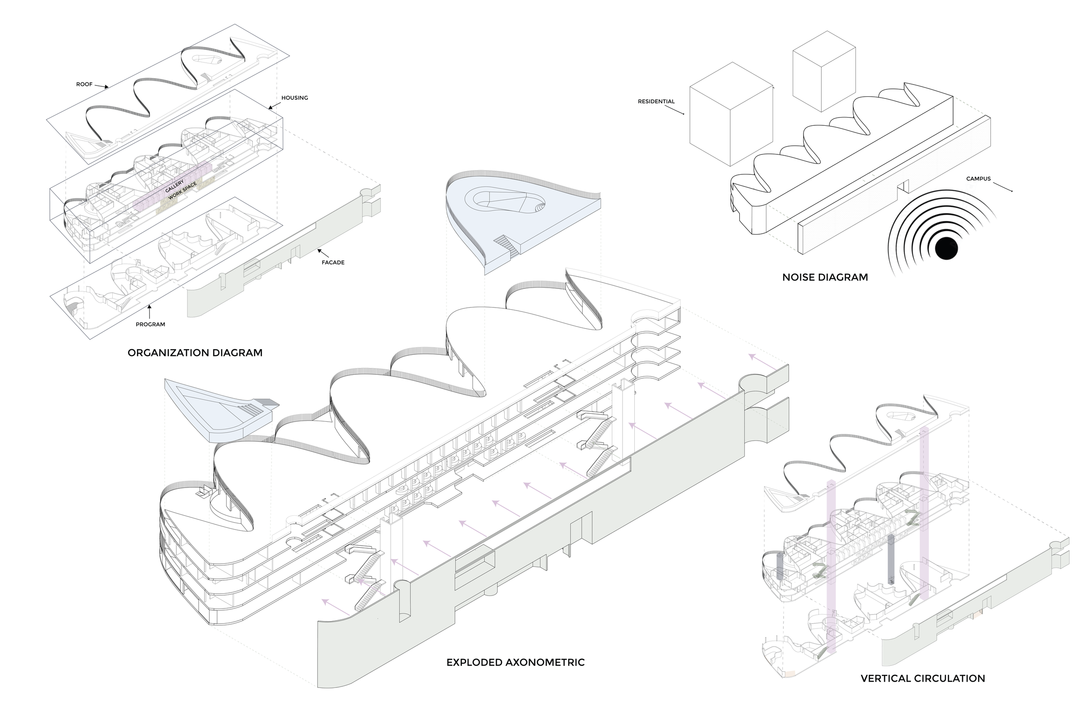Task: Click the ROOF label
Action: [85, 85]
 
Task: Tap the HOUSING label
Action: [294, 98]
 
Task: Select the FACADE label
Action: [333, 262]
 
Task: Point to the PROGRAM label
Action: [150, 324]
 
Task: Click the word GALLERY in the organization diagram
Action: [175, 186]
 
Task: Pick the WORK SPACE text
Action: [183, 191]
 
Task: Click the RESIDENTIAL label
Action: [656, 101]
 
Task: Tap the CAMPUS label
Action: [979, 179]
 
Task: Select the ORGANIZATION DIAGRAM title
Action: [195, 353]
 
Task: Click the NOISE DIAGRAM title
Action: [825, 278]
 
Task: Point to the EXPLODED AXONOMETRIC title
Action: [515, 663]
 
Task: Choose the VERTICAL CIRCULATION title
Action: [923, 678]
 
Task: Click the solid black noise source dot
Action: [947, 249]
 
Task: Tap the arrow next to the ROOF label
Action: [101, 86]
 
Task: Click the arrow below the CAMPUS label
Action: [1002, 187]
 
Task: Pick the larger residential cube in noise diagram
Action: [731, 115]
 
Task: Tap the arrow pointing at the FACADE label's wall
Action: [323, 253]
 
